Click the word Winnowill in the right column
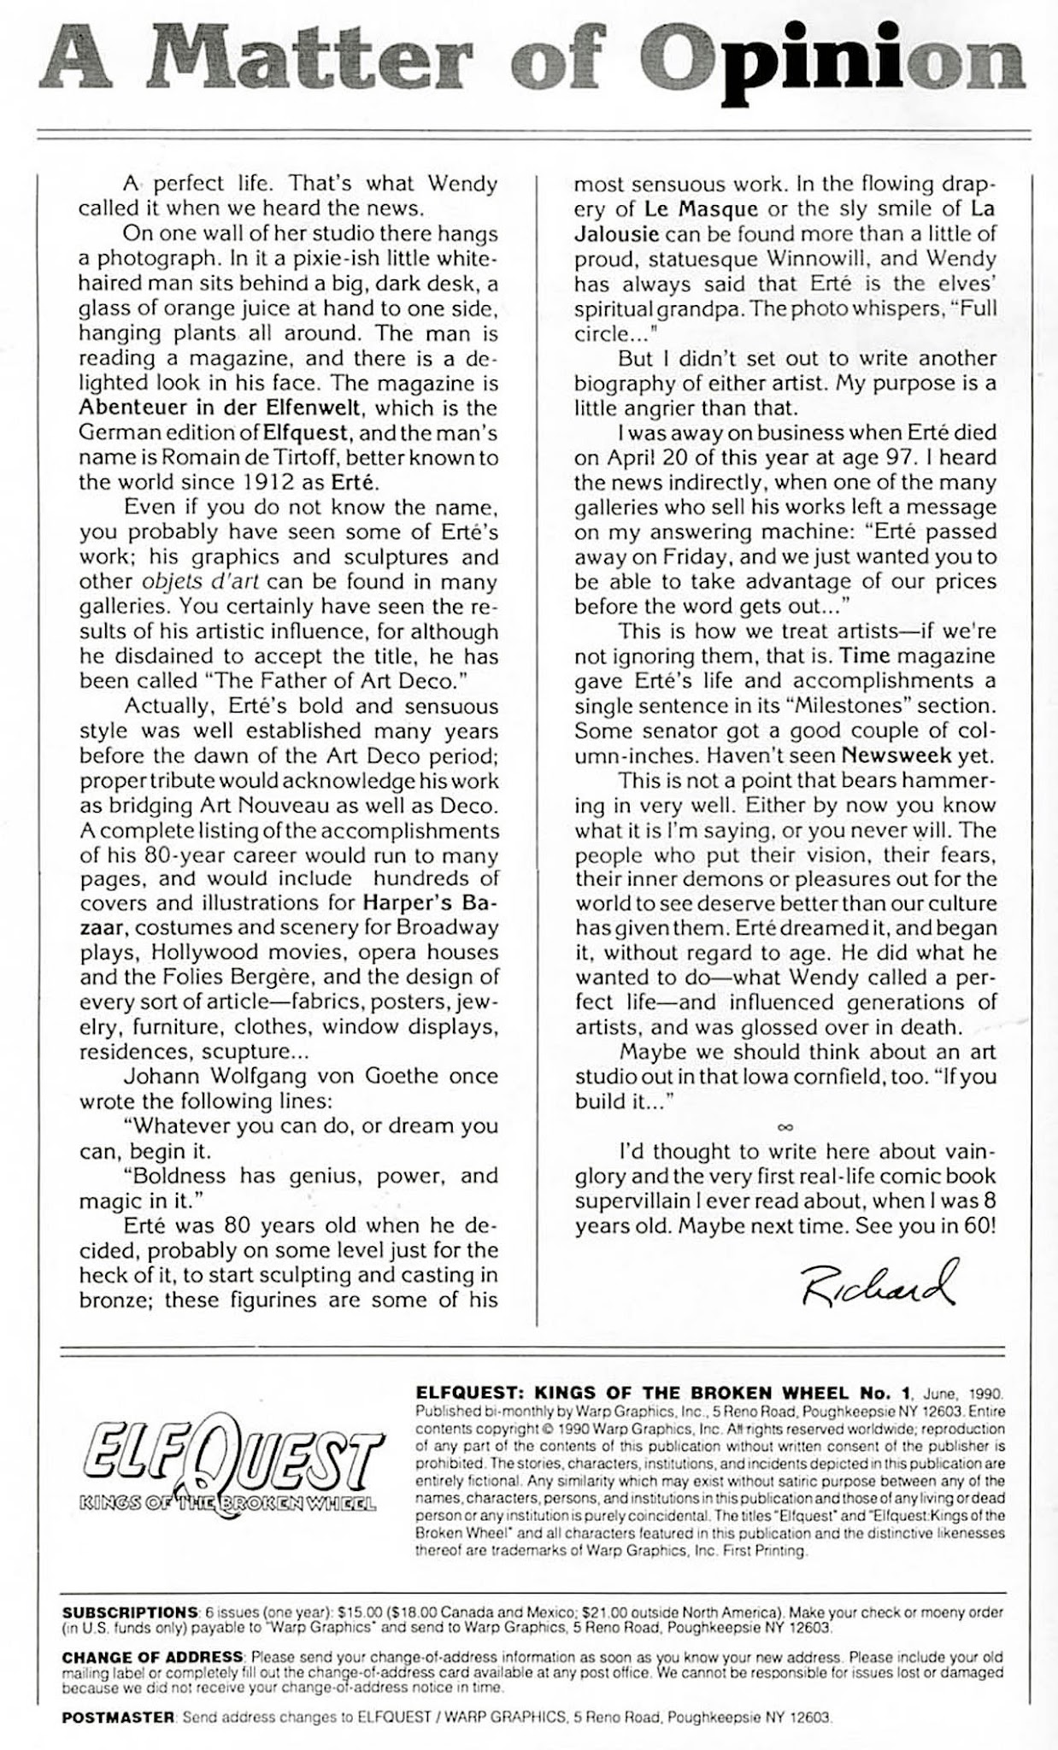pyautogui.click(x=808, y=258)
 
